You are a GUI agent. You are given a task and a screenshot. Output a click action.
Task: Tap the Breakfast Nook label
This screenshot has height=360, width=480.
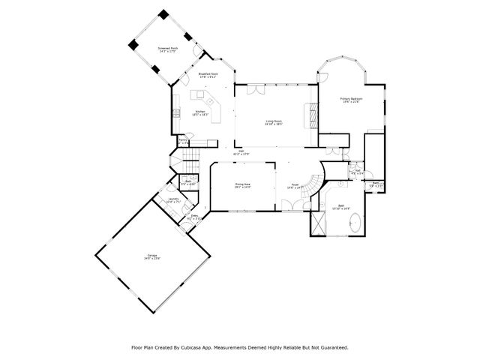208,75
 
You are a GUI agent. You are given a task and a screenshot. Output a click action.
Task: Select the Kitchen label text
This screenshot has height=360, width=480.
201,113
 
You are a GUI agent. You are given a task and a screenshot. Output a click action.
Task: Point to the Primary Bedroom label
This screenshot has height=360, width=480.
350,100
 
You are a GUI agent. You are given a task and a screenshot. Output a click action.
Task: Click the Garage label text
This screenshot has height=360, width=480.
152,257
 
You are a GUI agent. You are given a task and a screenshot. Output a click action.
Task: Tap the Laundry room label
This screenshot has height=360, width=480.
172,201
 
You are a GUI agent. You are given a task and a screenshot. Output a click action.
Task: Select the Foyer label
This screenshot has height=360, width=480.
295,186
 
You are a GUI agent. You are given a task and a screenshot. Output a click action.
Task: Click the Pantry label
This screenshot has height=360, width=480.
182,140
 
